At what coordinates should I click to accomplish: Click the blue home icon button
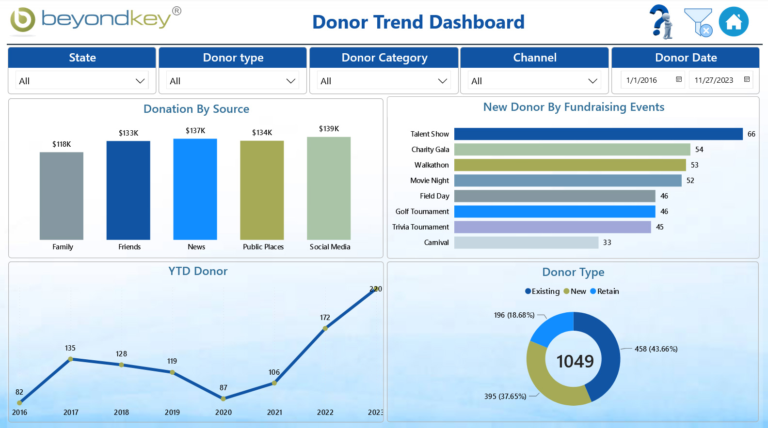(734, 22)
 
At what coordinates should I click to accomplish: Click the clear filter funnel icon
(698, 22)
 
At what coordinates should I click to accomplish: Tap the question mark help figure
(662, 22)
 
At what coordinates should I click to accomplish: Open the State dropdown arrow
(140, 81)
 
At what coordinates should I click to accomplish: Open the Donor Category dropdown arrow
(442, 81)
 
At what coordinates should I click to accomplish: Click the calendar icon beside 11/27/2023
(747, 79)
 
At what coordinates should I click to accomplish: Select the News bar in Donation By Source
(195, 189)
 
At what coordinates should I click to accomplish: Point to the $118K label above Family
(62, 144)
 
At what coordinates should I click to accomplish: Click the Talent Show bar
(598, 134)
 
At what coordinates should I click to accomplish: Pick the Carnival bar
(526, 242)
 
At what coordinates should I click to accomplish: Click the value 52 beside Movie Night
(690, 181)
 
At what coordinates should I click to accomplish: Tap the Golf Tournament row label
(422, 212)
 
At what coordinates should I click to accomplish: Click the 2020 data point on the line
(223, 399)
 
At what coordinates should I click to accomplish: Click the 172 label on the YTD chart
(325, 318)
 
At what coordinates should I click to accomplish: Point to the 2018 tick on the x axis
(121, 413)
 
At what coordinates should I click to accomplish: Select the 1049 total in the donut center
(575, 361)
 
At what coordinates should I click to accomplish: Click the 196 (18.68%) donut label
(514, 315)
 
